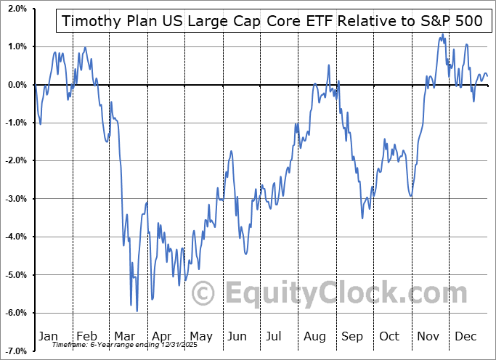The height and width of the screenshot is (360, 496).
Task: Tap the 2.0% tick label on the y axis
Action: pos(17,9)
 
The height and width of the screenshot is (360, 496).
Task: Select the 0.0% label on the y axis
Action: pos(17,85)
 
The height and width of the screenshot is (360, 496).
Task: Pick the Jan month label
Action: pos(48,336)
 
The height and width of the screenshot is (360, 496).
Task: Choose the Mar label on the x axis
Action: pos(123,336)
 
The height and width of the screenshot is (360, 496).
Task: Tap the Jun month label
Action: pos(236,336)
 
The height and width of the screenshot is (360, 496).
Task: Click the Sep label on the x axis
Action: pos(351,336)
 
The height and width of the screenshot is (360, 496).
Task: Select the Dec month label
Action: pos(465,336)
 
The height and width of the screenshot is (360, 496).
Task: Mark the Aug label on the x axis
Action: pos(314,336)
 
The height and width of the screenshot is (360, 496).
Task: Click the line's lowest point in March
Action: pos(137,311)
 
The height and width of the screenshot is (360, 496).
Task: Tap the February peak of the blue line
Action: pos(85,48)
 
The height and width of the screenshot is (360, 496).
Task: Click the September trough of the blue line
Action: pos(362,218)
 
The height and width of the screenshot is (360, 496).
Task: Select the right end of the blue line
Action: pos(487,76)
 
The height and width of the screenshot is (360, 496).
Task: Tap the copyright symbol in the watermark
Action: pos(203,293)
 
